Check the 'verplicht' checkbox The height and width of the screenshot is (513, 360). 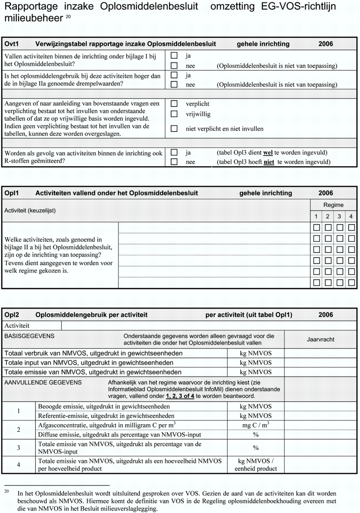point(174,104)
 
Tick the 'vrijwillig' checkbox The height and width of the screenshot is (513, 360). point(174,114)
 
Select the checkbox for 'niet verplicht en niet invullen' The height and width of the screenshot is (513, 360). point(174,128)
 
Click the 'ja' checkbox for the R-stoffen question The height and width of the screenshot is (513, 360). point(174,152)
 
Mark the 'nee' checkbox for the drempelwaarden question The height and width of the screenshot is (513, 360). point(174,85)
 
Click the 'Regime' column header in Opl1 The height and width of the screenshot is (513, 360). point(333,205)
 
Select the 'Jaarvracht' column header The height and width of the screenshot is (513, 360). point(320,340)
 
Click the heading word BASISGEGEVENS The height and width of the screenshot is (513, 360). point(29,336)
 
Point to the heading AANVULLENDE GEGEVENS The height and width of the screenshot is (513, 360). point(43,383)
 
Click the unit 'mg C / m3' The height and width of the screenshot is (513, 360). point(255,425)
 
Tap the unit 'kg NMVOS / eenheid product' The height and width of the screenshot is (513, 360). point(255,465)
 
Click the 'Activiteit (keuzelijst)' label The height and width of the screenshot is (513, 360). point(33,210)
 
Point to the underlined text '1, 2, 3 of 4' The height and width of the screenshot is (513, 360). point(180,396)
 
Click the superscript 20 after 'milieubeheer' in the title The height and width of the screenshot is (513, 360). point(68,17)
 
